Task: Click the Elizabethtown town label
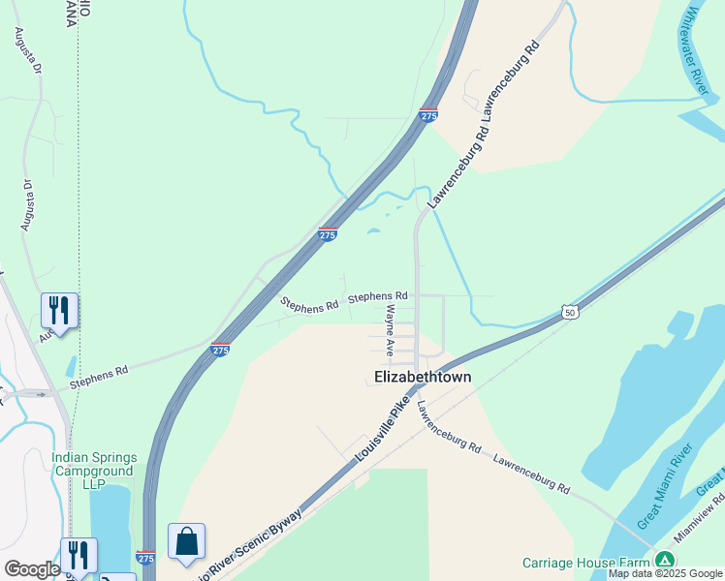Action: (x=423, y=378)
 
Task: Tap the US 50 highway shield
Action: (x=570, y=312)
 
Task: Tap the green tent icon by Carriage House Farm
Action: (x=664, y=561)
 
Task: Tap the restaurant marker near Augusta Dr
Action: (x=59, y=312)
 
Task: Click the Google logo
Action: (x=32, y=569)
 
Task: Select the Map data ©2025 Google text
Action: (x=665, y=574)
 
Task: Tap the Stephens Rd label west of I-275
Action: (x=98, y=378)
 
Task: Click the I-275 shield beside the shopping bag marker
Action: (x=146, y=559)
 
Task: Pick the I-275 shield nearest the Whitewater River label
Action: (x=428, y=115)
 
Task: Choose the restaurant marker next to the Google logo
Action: (x=79, y=556)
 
